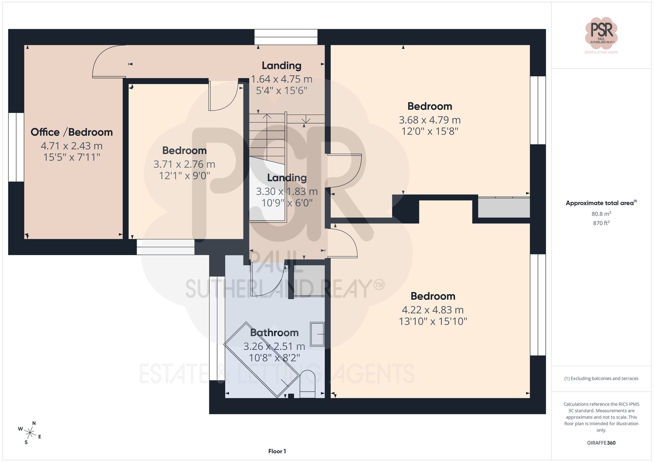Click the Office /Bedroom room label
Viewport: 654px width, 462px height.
(72, 132)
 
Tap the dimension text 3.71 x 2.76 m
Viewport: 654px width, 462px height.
(184, 164)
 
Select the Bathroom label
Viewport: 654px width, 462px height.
(274, 332)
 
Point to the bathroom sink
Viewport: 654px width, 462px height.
(317, 334)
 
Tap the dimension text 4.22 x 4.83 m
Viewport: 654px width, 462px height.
(432, 310)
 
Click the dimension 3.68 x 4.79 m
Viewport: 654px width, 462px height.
(429, 120)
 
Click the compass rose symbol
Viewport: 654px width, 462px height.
(30, 433)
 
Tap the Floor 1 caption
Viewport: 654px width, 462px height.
(277, 451)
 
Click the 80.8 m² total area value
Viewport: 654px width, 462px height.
(601, 214)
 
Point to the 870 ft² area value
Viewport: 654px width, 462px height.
(601, 223)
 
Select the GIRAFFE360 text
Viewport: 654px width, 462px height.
(601, 443)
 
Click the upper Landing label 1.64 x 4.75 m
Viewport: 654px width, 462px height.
(281, 79)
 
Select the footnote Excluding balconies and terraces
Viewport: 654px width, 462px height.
(601, 378)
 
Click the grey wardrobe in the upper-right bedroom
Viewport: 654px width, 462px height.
(504, 208)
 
